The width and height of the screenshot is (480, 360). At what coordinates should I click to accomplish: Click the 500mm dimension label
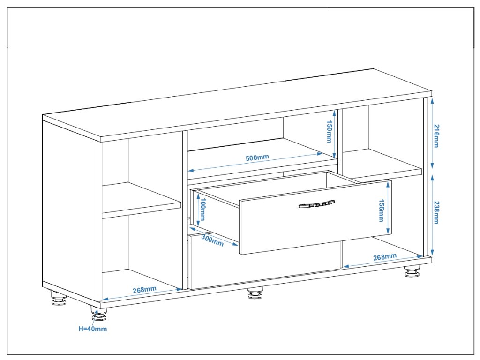(257, 157)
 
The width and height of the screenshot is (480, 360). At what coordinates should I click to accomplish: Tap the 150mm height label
(329, 132)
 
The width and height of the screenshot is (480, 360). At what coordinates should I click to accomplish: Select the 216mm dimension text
(436, 136)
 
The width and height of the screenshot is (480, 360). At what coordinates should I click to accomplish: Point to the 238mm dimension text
(436, 212)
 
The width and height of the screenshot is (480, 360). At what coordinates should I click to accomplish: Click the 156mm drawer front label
(382, 209)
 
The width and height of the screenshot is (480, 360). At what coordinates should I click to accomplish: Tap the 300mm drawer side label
(212, 240)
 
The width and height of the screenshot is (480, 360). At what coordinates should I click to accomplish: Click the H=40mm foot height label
(92, 329)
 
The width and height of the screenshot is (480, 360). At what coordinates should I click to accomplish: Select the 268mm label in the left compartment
(144, 290)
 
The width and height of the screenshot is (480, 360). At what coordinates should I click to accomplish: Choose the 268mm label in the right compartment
(385, 257)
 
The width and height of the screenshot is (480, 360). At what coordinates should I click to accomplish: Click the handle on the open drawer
(317, 203)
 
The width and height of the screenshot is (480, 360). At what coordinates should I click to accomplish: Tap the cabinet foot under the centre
(255, 293)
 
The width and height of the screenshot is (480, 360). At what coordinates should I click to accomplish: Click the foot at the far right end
(412, 271)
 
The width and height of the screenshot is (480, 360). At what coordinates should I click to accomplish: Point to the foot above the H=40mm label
(99, 315)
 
